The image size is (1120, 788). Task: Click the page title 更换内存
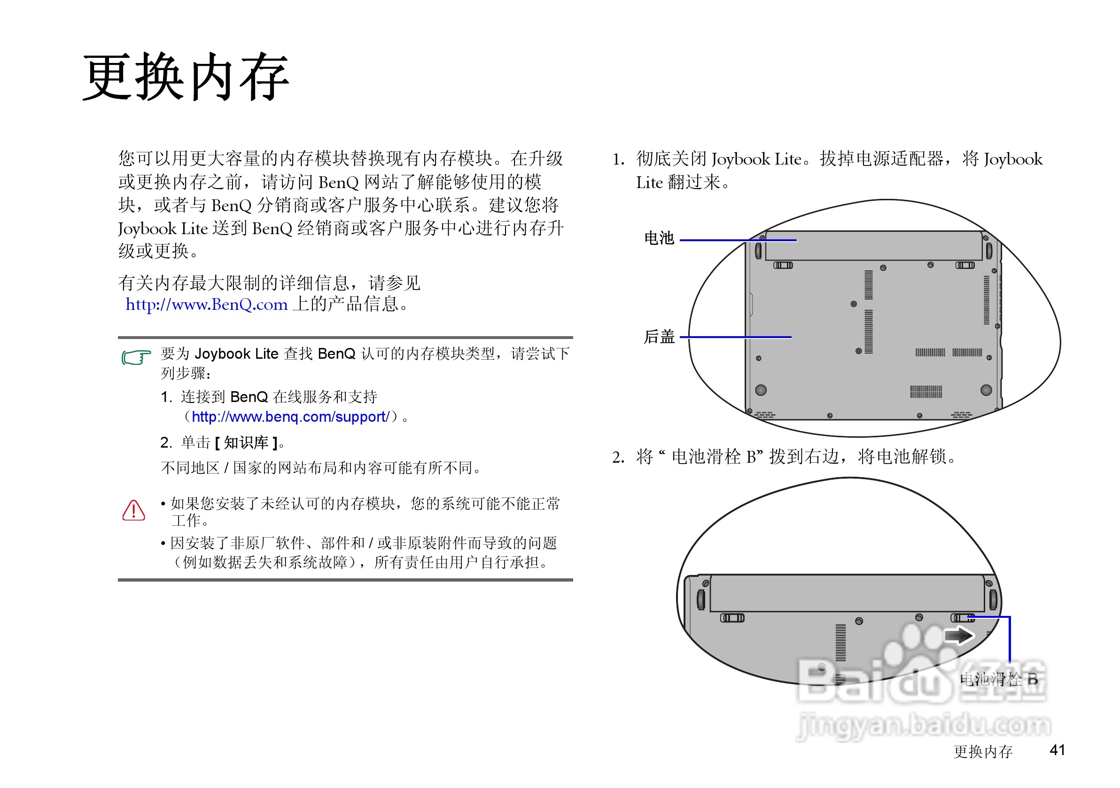point(186,77)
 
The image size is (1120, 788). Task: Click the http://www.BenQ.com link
point(206,305)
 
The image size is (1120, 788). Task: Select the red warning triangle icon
point(133,510)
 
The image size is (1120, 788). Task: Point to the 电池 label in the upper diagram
point(659,238)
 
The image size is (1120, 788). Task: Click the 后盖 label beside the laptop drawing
point(659,337)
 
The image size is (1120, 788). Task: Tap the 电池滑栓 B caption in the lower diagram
point(998,679)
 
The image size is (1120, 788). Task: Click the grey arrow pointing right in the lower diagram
point(958,636)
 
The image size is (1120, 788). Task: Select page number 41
point(1057,750)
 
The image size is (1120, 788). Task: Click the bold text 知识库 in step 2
point(246,443)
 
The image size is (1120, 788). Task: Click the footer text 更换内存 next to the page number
point(983,751)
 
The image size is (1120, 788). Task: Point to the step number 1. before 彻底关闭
point(618,160)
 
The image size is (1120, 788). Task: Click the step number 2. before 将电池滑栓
point(618,457)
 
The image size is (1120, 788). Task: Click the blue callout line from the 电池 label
point(738,240)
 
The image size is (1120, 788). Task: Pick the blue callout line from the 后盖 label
point(735,337)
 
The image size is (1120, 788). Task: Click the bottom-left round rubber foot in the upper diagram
point(761,390)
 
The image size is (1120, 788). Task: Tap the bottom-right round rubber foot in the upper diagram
point(986,390)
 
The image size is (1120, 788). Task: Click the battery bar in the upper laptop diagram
point(873,245)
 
